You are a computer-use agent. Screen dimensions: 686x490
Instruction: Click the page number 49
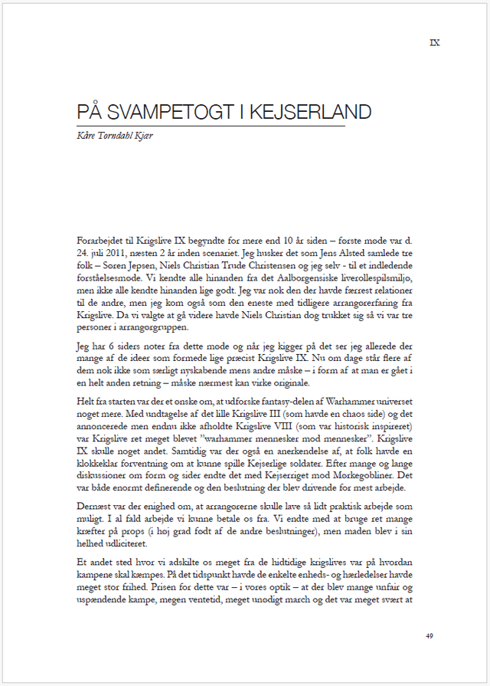pyautogui.click(x=430, y=635)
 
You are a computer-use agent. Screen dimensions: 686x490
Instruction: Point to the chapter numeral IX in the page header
pyautogui.click(x=435, y=43)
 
